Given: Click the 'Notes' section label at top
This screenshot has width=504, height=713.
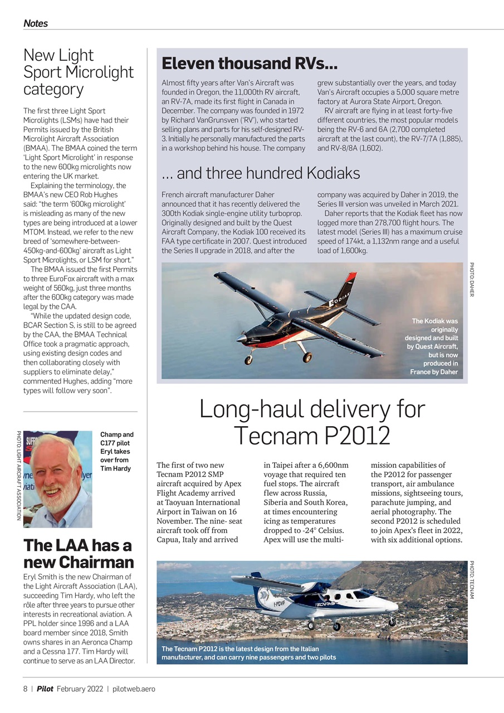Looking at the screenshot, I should tap(35, 23).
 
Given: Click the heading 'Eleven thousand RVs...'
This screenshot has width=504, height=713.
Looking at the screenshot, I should tap(249, 63).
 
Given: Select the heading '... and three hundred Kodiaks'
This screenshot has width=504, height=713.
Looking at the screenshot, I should tap(261, 173).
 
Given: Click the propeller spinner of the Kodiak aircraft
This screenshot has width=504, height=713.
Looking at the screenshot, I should tap(240, 338).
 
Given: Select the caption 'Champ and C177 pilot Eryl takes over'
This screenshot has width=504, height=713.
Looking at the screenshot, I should tap(116, 451).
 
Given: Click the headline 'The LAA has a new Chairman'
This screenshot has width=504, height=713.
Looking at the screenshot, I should tap(78, 553).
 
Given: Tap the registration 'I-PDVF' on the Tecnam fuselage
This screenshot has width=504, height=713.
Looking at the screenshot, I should tap(280, 603).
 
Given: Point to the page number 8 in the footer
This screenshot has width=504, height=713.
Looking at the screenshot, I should tap(25, 688).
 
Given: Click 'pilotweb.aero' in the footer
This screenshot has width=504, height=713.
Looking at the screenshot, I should tap(134, 688).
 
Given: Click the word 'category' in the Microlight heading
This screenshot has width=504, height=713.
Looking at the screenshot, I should tap(53, 89).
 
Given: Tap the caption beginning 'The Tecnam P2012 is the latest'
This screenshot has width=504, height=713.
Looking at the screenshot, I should tap(248, 653).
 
